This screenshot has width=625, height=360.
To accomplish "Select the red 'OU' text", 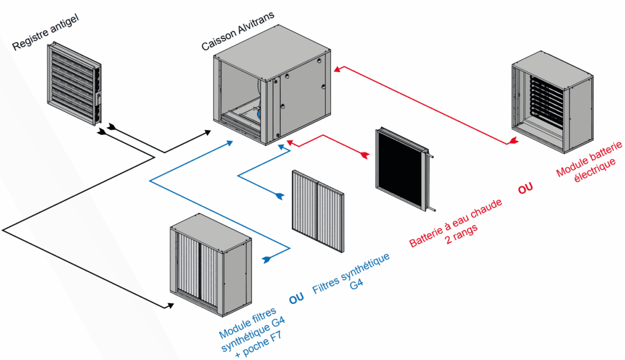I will pos(525,189).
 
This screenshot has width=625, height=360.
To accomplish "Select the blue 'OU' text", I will pos(297,298).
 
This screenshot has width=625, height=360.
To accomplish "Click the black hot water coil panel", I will pos(400,167).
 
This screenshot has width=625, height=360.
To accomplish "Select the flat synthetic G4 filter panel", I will pos(318,211).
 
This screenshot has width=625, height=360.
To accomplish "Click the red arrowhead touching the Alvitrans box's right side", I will pos(338,68).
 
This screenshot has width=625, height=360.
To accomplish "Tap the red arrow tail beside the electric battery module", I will pos(513,142).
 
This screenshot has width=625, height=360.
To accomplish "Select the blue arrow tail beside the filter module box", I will pos(266,259).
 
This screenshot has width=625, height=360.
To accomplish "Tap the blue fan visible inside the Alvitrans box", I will pos(260,112).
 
